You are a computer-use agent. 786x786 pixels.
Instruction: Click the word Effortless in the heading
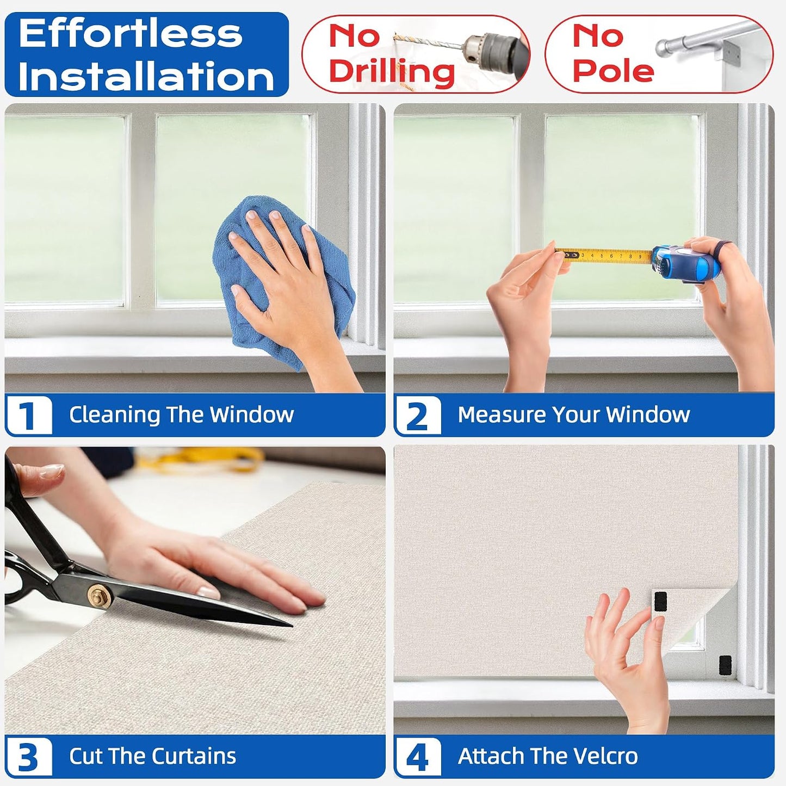tap(131, 34)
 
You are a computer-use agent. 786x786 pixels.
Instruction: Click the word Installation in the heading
tap(146, 76)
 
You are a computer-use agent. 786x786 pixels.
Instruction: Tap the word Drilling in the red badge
tap(392, 72)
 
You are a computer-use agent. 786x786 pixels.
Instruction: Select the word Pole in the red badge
tap(613, 70)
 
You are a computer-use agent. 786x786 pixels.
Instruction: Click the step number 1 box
tap(29, 415)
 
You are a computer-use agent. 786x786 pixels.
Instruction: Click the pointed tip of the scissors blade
tap(291, 626)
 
